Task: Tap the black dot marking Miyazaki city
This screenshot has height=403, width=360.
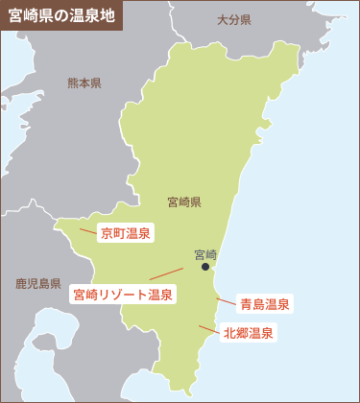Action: click(205, 268)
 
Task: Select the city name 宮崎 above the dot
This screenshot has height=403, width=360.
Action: click(205, 254)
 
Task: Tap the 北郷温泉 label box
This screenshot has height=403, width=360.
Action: click(249, 334)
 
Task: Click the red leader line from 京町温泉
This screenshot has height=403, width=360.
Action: click(88, 230)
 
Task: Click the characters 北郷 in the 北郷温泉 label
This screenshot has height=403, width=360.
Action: click(236, 334)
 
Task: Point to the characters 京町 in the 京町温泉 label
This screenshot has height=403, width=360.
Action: click(113, 233)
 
